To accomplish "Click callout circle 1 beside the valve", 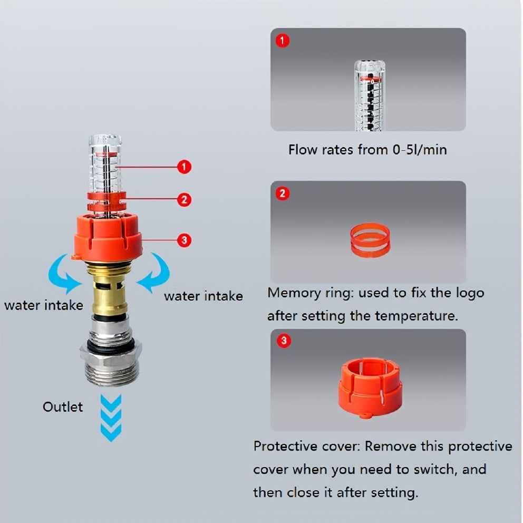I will point(183,167).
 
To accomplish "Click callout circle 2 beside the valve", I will point(183,200).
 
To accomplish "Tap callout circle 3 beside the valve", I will point(183,240).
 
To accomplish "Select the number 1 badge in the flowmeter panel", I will point(283,41).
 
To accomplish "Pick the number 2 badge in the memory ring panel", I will point(283,193).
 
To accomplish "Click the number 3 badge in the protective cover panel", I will point(283,341).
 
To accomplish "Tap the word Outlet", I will point(63,407).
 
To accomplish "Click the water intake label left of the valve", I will point(43,305).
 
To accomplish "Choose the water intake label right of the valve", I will point(203,296).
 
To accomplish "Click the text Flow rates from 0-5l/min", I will point(367,150).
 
